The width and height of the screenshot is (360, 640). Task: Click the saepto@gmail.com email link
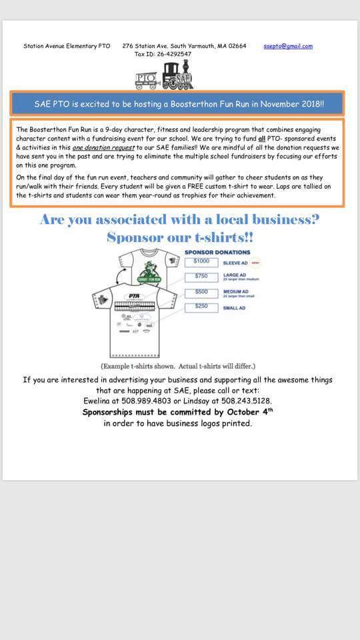[x=288, y=46]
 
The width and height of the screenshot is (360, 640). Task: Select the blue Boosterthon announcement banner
[x=177, y=104]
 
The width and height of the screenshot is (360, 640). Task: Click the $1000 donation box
[x=201, y=262]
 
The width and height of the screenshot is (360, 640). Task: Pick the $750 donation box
[x=201, y=277]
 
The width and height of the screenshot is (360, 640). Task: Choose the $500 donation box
[x=201, y=292]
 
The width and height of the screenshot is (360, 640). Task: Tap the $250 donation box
[x=201, y=307]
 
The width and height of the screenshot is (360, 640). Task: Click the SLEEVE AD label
[x=235, y=263]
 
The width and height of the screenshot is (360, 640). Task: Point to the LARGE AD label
[x=235, y=275]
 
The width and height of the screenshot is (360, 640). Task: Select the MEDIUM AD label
[x=237, y=291]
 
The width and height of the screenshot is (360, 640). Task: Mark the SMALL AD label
[x=234, y=308]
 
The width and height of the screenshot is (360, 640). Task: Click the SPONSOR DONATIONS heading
[x=217, y=252]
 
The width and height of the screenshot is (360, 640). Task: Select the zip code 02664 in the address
[x=237, y=46]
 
